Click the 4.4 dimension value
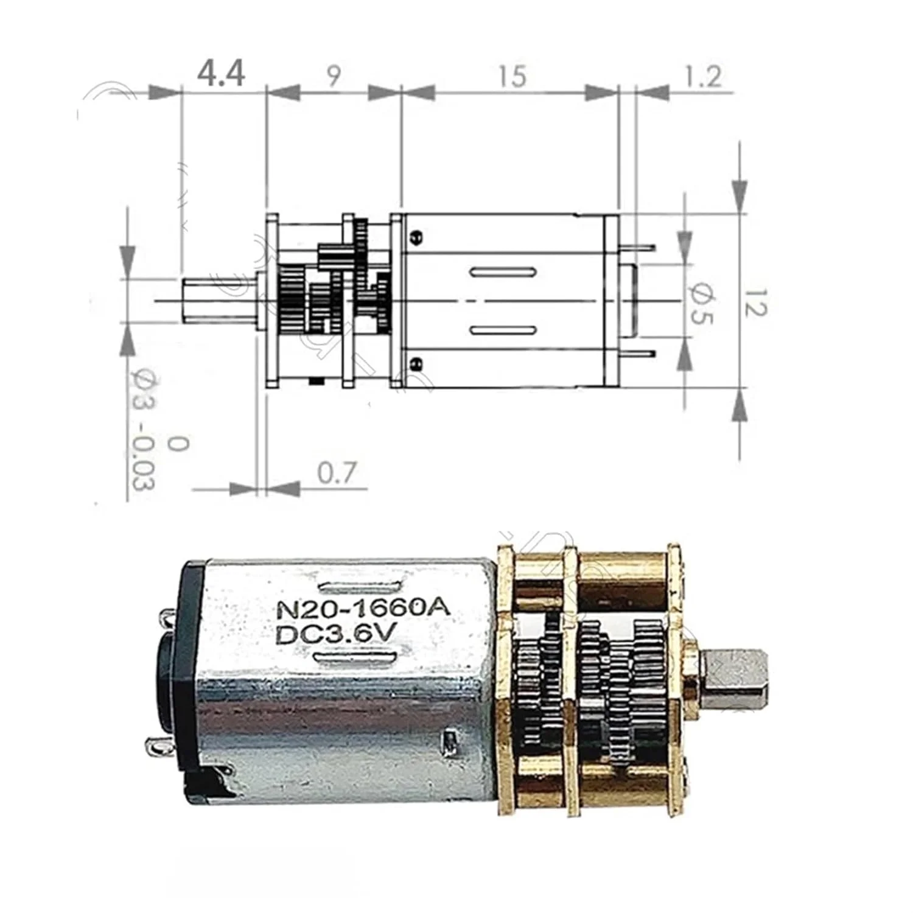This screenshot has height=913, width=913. click(x=221, y=74)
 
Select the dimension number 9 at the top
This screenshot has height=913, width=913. click(x=334, y=76)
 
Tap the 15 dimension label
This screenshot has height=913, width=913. click(x=511, y=76)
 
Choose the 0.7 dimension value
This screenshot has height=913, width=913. click(x=336, y=473)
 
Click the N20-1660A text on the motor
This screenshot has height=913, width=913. click(x=363, y=608)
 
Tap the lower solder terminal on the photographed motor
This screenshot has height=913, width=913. click(x=155, y=745)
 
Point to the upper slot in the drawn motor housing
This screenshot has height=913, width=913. click(x=503, y=272)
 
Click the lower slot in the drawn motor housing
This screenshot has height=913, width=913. click(x=503, y=331)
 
